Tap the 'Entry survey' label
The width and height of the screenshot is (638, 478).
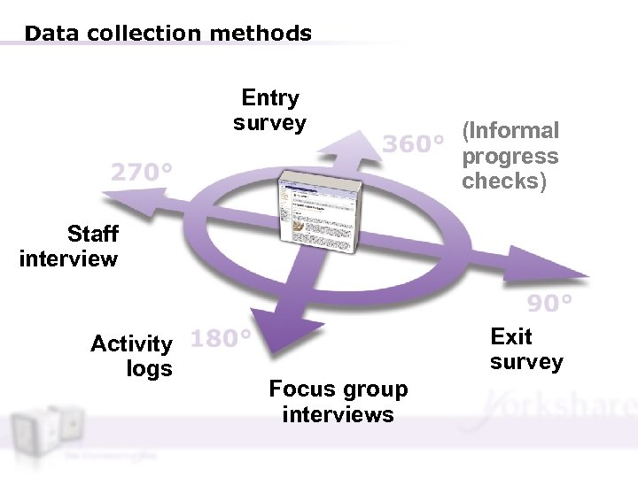click(x=269, y=111)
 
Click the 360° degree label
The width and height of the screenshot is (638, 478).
click(x=412, y=143)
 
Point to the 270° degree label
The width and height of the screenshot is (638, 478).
click(x=141, y=171)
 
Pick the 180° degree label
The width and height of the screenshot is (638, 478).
click(x=220, y=339)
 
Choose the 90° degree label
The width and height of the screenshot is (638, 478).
click(x=549, y=305)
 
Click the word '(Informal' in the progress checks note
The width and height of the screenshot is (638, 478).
click(x=510, y=131)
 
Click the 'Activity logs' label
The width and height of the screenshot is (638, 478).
click(x=133, y=356)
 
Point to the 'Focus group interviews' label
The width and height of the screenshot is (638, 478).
click(x=338, y=402)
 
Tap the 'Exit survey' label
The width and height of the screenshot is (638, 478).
click(x=525, y=349)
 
